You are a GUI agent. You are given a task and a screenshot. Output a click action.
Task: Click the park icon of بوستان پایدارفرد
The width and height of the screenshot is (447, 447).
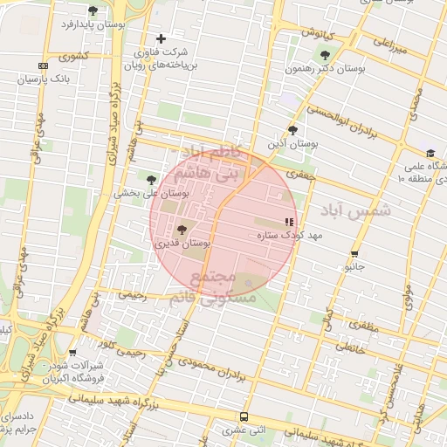93,10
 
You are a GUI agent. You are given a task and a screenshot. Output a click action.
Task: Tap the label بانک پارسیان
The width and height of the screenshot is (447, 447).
42,79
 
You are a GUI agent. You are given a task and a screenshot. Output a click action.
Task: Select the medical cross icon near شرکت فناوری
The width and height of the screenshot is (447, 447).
161,39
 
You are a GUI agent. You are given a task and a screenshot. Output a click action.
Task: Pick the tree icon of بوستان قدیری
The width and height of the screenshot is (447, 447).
182,230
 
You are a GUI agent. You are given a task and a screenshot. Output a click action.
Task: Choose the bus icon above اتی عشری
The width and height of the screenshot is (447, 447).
244,416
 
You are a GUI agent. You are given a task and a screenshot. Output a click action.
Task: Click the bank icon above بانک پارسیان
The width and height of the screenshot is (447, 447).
43,66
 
